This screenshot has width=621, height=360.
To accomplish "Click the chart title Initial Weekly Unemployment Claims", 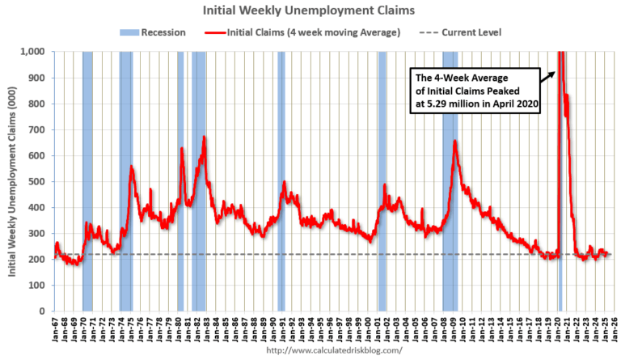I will click(310, 11).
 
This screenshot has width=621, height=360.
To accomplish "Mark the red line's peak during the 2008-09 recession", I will click(455, 142).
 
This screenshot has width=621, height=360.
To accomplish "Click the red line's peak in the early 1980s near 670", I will click(204, 137).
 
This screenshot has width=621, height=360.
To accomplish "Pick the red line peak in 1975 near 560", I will click(132, 167).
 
